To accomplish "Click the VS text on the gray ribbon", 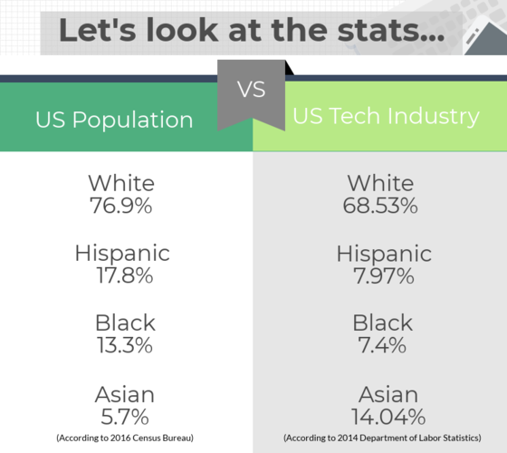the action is point(252,90).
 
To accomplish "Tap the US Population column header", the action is point(114,120).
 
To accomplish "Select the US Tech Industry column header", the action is point(386,116).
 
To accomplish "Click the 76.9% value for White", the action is point(121,206).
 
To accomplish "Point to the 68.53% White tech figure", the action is point(380,206).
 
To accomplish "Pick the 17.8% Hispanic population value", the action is point(125,275).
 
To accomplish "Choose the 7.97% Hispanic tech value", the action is point(384,276).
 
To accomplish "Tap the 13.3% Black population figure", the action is point(125,345).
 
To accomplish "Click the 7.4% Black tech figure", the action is point(382,345).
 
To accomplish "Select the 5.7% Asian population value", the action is point(125,417).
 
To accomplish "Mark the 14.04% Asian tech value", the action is point(388,417).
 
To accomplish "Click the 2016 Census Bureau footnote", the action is point(125,438).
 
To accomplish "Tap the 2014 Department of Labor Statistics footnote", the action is point(382,438).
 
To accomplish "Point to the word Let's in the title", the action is point(98,30).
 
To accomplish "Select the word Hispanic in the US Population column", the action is point(122,254).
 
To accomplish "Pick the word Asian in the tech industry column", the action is point(388,394).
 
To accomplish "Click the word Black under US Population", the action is point(125,323).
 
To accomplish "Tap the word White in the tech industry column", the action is point(380,183).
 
